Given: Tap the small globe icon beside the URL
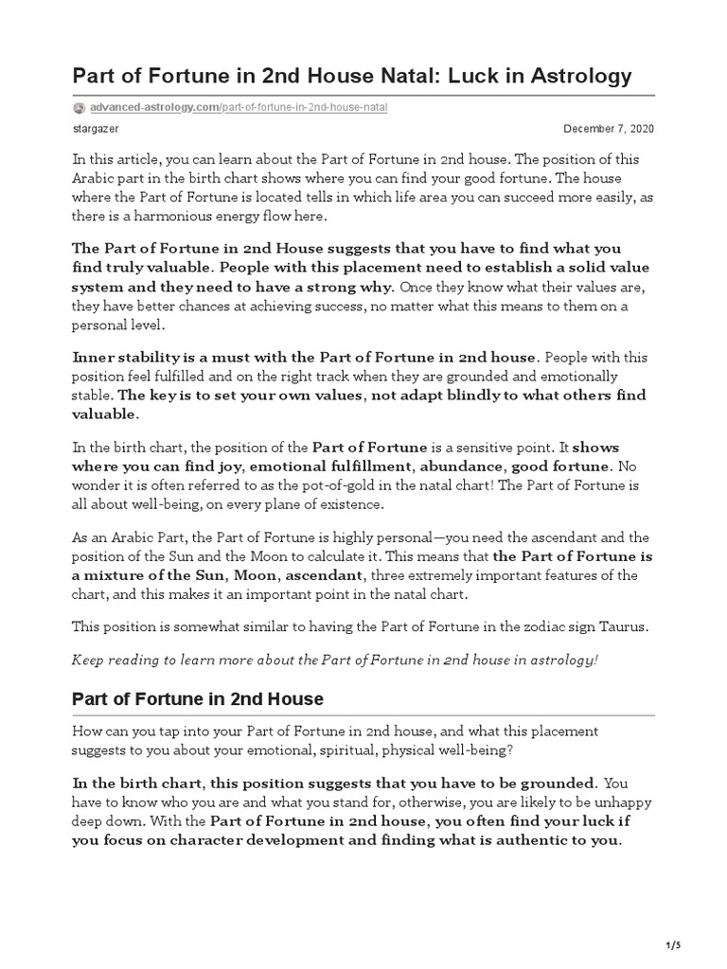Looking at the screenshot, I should click(x=79, y=108).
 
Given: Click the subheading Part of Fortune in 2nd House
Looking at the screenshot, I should click(x=198, y=699).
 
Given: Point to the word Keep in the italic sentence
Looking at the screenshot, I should click(x=88, y=659).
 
